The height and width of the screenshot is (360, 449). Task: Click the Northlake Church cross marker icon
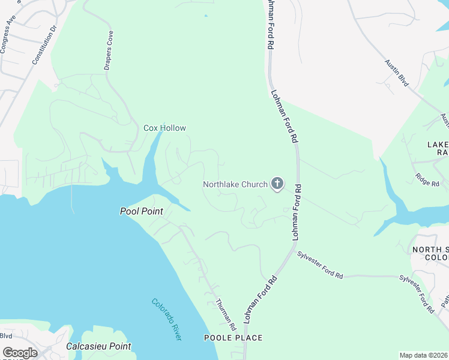pos(277,184)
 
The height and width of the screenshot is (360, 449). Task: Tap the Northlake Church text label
pos(235,184)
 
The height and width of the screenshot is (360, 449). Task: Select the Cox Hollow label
pos(164,128)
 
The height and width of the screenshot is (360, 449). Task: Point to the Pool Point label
pos(142,211)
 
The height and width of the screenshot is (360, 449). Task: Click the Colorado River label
pos(166,320)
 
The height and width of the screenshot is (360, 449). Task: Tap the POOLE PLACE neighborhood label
pos(234,338)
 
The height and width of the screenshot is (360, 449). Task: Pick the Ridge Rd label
pos(427,179)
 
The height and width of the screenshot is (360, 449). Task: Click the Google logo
pos(20,353)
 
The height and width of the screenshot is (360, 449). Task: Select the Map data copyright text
pos(423,355)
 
